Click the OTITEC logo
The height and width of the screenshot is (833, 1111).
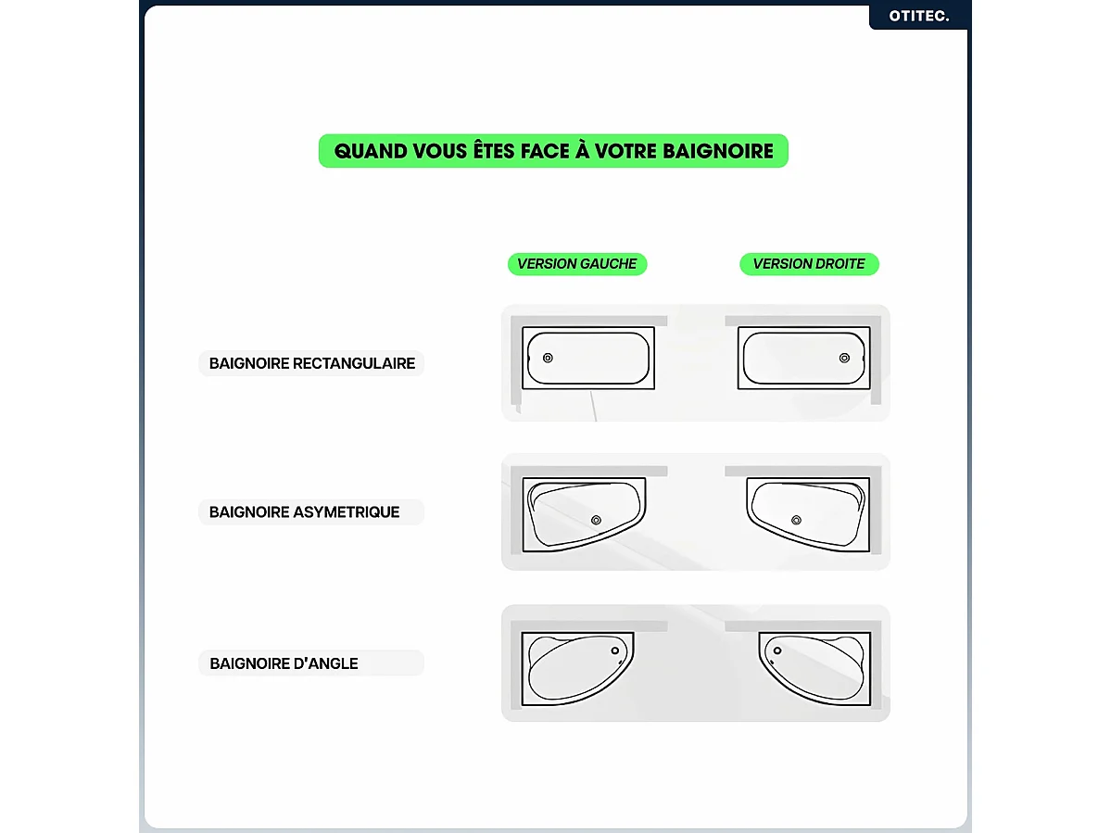918,16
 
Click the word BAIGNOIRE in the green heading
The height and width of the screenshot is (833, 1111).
718,151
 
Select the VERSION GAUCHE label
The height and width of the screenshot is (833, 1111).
576,264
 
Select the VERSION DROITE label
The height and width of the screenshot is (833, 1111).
809,264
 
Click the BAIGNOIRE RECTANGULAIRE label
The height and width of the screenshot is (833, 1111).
311,363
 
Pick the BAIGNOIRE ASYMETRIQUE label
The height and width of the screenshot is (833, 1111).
304,511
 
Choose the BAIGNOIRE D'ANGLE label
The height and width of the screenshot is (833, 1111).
284,663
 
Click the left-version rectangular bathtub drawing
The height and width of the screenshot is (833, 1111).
587,358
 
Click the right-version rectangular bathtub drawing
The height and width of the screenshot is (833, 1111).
804,358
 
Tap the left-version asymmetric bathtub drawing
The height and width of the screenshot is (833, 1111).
584,513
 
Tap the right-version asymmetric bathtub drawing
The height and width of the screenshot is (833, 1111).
808,513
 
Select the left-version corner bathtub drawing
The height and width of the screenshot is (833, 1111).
576,668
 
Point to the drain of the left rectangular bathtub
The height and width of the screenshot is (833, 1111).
548,358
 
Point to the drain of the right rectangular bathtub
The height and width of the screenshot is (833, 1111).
844,358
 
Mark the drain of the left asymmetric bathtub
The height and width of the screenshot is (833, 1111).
596,520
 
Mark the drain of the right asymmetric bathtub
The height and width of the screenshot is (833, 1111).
796,520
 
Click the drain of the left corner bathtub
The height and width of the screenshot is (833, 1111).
616,650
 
